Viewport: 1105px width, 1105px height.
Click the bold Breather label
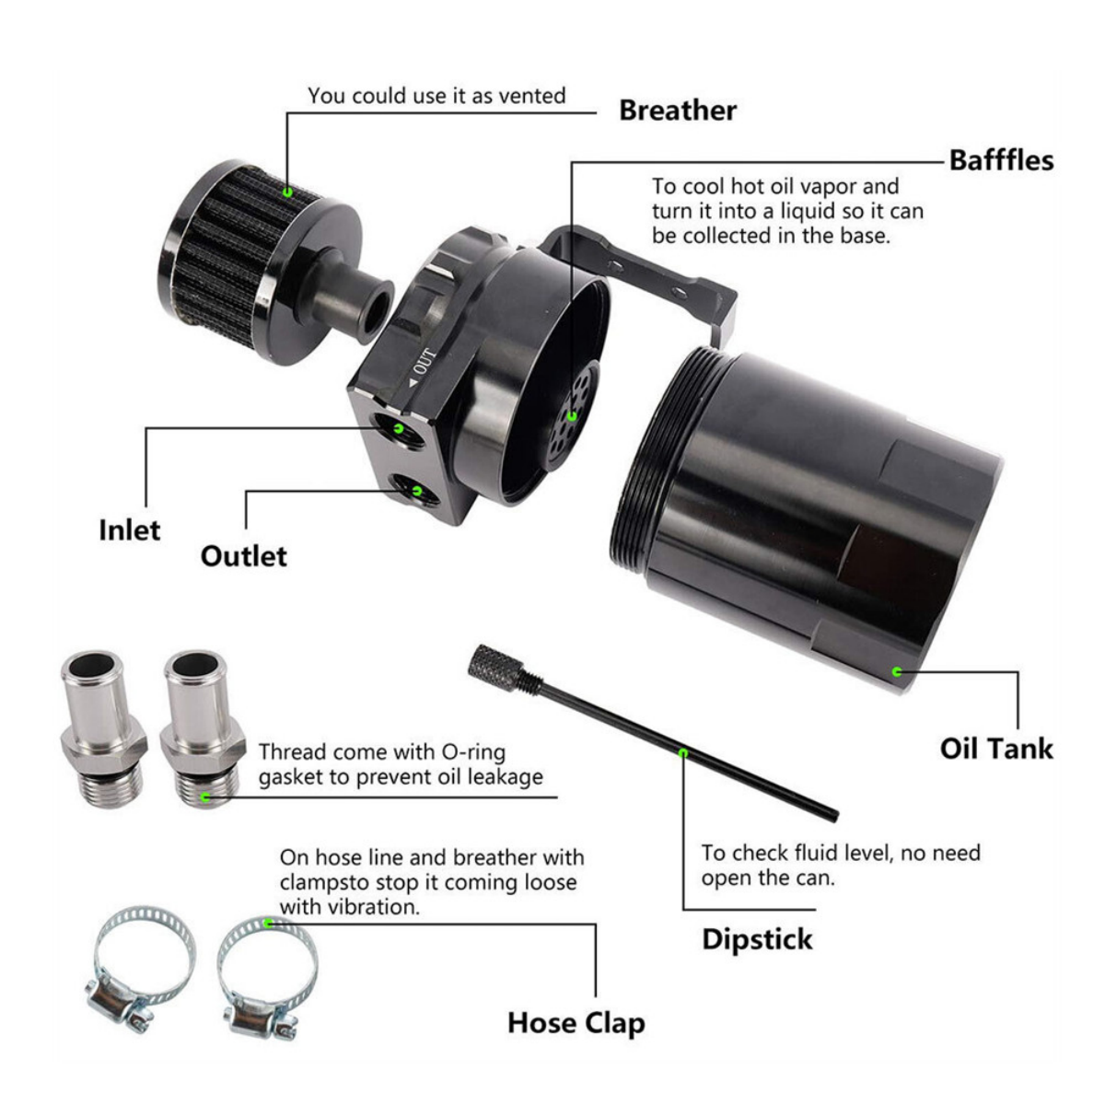677,110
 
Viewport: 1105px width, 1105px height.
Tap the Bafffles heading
1001,160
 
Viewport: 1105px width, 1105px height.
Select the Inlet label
129,530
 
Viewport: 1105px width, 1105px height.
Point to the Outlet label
243,556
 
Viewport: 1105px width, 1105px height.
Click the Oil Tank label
995,748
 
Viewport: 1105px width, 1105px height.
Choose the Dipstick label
757,939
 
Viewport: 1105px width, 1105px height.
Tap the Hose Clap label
576,1023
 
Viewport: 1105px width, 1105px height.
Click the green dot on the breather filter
287,192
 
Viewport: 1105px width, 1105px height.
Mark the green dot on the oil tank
896,672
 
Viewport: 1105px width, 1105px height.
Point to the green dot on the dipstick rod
682,752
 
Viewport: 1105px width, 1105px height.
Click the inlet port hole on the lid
398,428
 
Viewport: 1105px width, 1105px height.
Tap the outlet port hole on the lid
415,490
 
